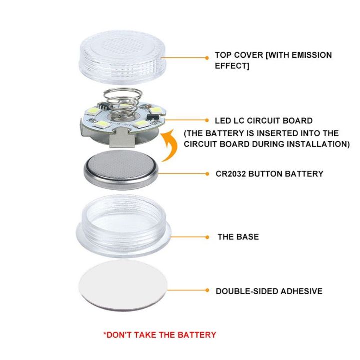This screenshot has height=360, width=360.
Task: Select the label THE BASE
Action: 238,237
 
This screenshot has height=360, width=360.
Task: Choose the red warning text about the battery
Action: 159,335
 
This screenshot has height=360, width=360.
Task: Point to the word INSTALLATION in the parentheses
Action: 315,144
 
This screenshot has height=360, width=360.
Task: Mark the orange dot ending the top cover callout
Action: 206,58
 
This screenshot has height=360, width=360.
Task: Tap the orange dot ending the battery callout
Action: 207,174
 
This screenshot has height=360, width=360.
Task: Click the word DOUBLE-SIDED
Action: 244,291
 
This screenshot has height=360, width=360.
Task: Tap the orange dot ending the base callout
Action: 207,237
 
